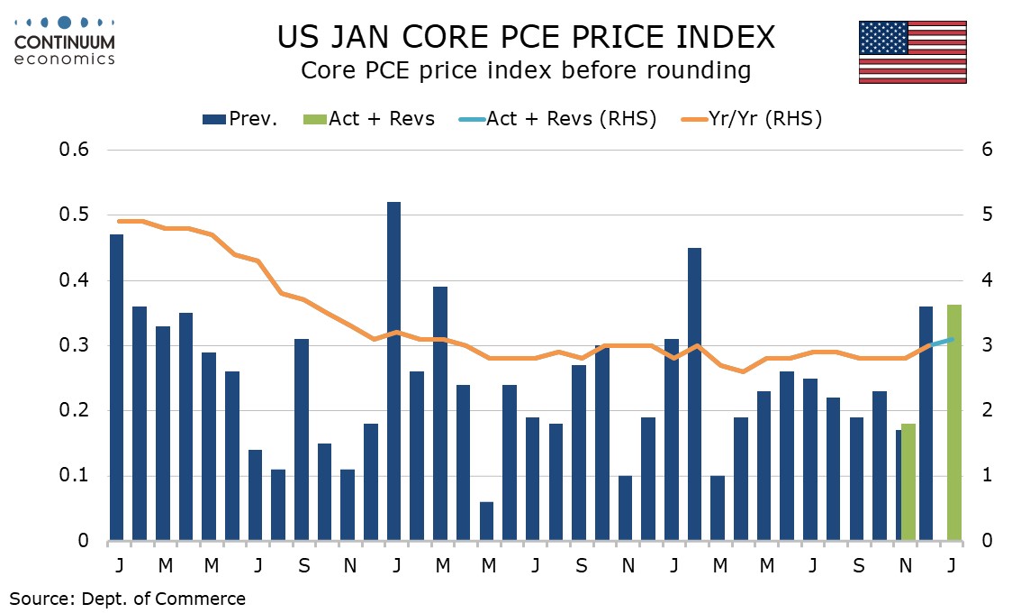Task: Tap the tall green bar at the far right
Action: point(954,423)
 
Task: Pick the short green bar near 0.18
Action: point(908,482)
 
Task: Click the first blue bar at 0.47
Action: point(116,388)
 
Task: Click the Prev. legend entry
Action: point(240,118)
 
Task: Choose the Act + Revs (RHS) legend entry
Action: point(557,118)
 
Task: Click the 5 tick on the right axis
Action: point(987,215)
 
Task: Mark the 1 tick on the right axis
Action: point(987,477)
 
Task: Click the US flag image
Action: point(912,52)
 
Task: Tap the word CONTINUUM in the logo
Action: point(65,42)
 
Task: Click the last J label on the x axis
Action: point(953,564)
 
